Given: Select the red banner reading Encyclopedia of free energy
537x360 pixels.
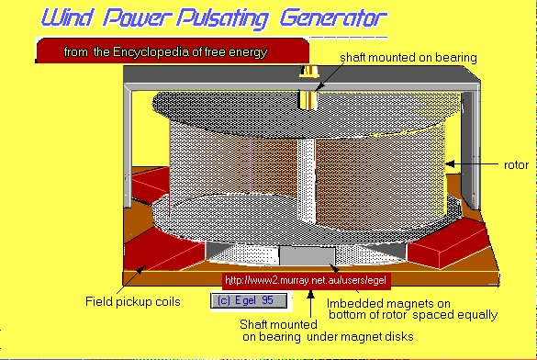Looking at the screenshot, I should coord(164,52).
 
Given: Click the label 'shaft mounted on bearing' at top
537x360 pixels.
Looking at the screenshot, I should coord(408,58).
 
